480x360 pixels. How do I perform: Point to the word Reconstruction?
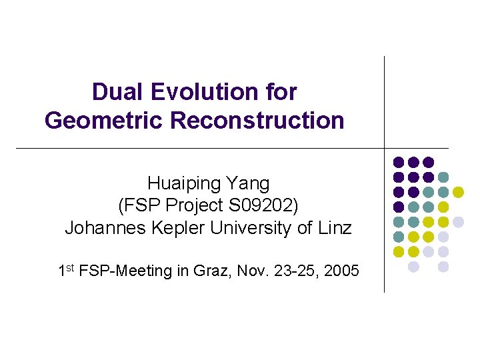tap(257, 121)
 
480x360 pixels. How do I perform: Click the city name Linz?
tap(334, 228)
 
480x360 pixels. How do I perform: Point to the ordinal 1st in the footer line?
tap(66, 271)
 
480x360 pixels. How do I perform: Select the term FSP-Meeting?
tap(123, 271)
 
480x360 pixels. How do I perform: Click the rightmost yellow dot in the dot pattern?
tap(458, 192)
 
